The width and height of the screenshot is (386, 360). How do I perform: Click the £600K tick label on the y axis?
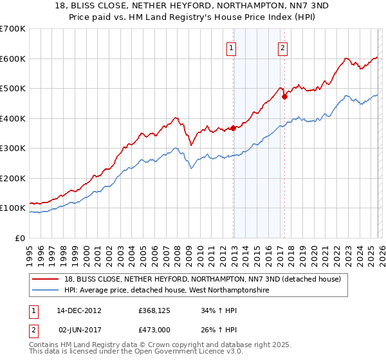12,59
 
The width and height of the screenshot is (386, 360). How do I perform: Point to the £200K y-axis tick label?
12,178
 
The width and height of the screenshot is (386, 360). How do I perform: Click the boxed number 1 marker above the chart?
231,47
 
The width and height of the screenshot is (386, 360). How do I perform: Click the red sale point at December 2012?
233,128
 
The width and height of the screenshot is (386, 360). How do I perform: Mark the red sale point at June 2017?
284,96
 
